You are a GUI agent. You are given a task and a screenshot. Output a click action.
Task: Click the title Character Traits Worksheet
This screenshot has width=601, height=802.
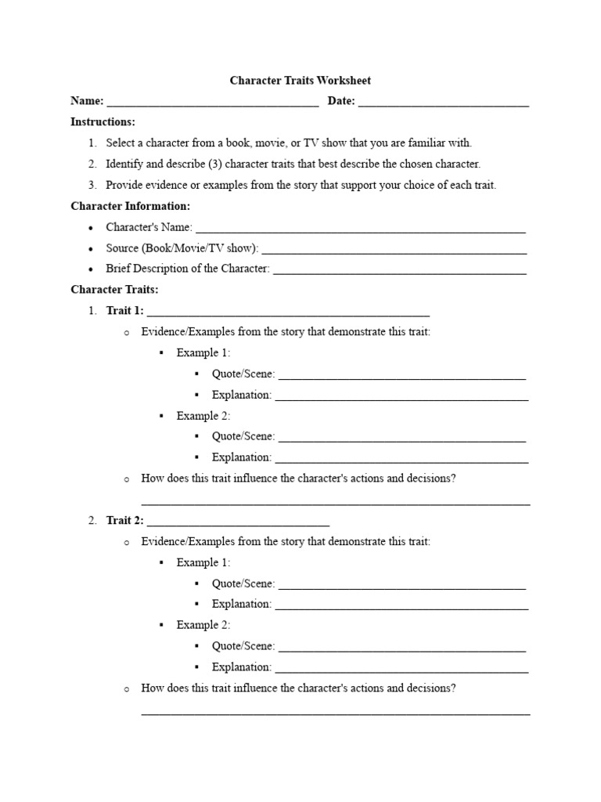click(x=300, y=80)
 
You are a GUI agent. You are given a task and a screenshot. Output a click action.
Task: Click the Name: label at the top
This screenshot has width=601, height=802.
click(x=87, y=101)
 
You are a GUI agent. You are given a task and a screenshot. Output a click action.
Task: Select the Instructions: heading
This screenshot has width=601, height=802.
click(x=103, y=122)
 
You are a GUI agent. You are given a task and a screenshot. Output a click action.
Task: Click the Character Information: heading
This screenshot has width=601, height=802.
click(x=130, y=206)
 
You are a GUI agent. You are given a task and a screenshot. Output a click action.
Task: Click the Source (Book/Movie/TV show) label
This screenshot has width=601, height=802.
click(x=182, y=248)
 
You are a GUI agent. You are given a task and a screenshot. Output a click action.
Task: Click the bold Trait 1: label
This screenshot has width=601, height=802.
click(x=125, y=311)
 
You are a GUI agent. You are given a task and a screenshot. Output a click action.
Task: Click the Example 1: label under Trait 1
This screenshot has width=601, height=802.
click(x=203, y=353)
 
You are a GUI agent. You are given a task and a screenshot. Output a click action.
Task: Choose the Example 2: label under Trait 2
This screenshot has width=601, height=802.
click(x=203, y=625)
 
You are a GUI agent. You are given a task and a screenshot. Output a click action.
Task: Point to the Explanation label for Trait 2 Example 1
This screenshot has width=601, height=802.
click(x=241, y=605)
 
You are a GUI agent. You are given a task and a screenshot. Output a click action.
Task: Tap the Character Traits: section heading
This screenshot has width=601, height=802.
click(x=114, y=290)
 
